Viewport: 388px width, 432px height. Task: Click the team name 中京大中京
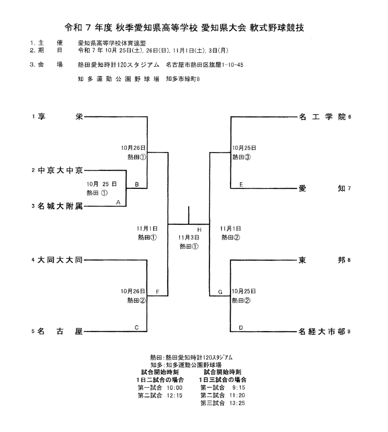pos(60,171)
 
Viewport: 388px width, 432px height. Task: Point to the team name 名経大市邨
pos(322,332)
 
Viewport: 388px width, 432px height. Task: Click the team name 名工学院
pos(322,117)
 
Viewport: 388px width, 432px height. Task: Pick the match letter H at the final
pos(199,229)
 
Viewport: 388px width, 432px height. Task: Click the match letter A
pos(118,202)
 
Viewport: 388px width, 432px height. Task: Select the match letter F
pos(157,292)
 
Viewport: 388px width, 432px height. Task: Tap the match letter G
pos(220,292)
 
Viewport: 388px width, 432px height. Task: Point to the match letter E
pos(241,184)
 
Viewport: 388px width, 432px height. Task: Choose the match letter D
pos(241,328)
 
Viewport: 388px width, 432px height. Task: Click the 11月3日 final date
pos(189,237)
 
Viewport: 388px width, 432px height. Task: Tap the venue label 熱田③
pos(241,157)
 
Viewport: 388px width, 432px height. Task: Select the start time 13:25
pos(238,403)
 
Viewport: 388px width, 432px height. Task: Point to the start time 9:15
pos(239,388)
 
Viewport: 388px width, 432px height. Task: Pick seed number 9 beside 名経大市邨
pos(349,332)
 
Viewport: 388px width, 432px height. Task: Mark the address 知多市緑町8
pos(183,79)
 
